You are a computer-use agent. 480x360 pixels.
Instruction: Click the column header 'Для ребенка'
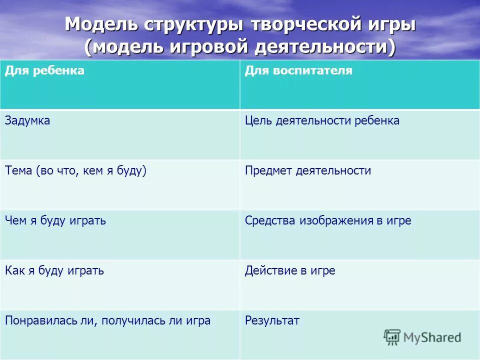point(44,71)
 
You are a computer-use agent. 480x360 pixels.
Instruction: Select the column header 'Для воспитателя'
point(298,71)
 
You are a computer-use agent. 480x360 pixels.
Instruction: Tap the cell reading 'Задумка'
point(27,120)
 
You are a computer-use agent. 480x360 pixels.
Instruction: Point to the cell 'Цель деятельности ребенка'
point(322,120)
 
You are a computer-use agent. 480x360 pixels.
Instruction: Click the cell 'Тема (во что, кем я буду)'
point(75,170)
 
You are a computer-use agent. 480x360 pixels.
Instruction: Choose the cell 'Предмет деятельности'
point(308,170)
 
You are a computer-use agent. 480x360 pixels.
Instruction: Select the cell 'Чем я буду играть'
point(55,220)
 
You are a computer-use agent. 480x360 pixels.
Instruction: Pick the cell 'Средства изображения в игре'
point(328,220)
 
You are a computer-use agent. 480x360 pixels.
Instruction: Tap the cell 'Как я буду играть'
point(54,270)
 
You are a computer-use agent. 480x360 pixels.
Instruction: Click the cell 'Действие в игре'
point(290,270)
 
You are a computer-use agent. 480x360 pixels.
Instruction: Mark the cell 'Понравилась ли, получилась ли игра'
point(107,320)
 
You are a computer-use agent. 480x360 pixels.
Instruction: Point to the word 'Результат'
point(272,320)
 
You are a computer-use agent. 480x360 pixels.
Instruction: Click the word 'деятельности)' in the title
point(325,47)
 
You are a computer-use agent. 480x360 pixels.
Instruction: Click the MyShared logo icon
point(392,337)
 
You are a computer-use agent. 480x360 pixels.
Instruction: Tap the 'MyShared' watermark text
point(432,337)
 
